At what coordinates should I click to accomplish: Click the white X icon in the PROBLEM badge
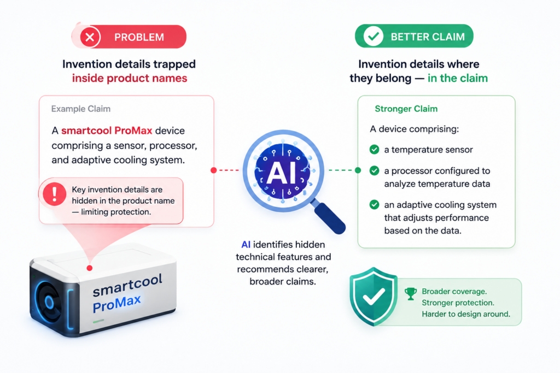click(90, 37)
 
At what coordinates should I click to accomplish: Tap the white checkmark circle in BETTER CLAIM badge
click(373, 36)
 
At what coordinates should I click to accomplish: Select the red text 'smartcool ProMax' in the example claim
click(107, 131)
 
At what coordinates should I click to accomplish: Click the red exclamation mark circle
click(54, 194)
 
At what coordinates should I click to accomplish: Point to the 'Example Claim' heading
click(81, 109)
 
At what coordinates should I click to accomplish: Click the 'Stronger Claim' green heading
click(406, 109)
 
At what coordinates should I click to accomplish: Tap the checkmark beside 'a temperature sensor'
click(374, 150)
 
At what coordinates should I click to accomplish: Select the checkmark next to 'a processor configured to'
click(374, 171)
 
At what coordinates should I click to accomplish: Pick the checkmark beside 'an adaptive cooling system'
click(374, 205)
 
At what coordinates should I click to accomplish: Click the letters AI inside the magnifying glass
click(282, 173)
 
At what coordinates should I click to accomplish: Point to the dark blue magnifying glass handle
click(329, 217)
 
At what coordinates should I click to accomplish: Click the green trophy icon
click(411, 293)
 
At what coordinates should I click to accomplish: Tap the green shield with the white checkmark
click(373, 297)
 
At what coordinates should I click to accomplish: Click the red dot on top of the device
click(90, 268)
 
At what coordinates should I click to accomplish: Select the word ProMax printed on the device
click(117, 304)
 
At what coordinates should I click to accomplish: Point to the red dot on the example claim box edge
click(214, 170)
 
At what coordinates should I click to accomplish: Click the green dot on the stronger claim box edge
click(358, 170)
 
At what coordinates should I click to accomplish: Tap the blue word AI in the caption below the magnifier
click(246, 245)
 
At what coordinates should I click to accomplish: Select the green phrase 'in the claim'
click(458, 78)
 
